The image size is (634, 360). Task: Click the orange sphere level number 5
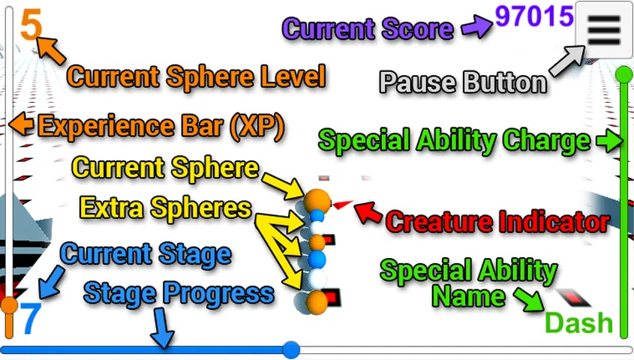(x=31, y=24)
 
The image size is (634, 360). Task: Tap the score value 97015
(x=534, y=16)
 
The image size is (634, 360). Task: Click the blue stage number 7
(x=30, y=319)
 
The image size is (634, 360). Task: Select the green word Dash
(x=578, y=322)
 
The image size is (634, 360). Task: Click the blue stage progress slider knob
(x=291, y=349)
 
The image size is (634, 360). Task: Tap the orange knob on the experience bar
(x=9, y=305)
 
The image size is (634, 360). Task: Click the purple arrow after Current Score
(x=475, y=28)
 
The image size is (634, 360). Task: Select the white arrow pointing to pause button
(x=567, y=61)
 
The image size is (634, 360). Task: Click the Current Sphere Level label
(x=196, y=76)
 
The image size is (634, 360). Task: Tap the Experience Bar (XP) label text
(x=161, y=127)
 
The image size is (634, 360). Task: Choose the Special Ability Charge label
(x=454, y=140)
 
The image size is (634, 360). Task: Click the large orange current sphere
(x=317, y=200)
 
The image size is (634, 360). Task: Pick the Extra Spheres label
(x=165, y=208)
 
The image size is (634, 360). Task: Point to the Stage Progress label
(x=179, y=293)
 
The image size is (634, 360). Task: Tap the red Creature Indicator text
(x=497, y=222)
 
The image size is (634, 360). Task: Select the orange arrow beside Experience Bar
(x=22, y=124)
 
